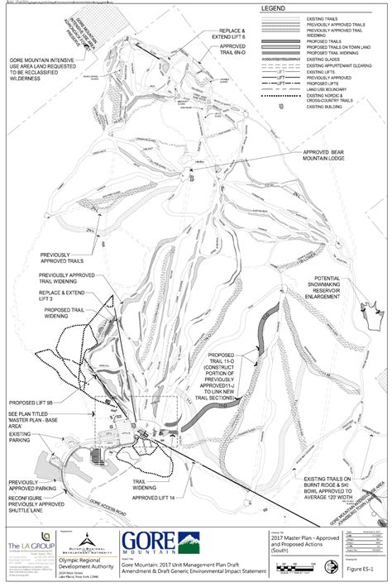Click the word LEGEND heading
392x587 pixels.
pyautogui.click(x=272, y=8)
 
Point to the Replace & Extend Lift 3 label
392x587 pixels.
pyautogui.click(x=66, y=293)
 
